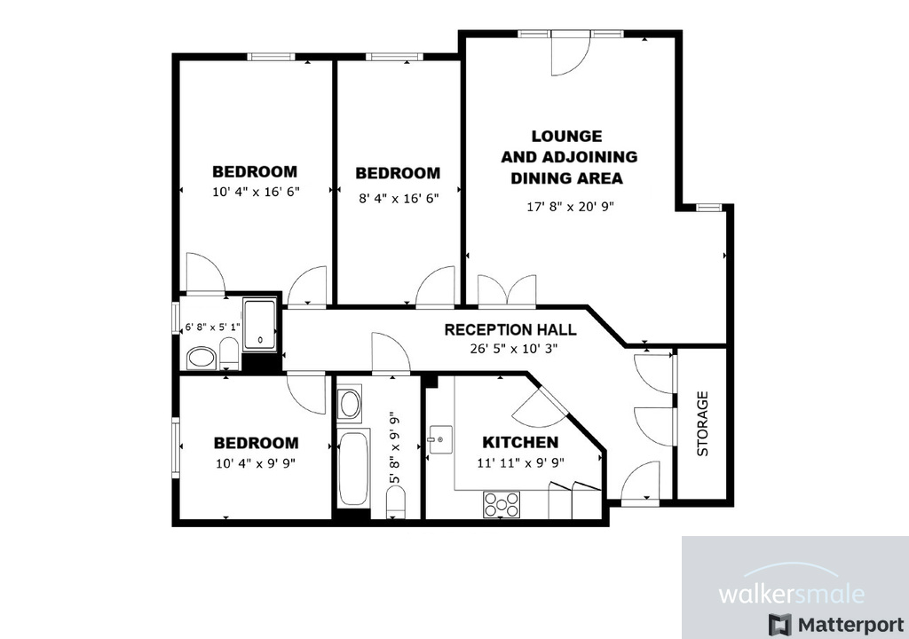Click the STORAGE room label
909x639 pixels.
coord(703,423)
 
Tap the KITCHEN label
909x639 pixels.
coord(520,442)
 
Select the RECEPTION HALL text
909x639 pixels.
coord(510,329)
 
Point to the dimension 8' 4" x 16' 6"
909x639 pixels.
coord(398,198)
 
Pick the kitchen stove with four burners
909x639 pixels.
coord(502,504)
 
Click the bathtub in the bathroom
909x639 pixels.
coord(353,467)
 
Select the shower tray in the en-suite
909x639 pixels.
coord(260,324)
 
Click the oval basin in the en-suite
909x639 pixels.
coord(202,359)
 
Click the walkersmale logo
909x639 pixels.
coord(790,593)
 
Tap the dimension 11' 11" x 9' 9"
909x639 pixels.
coord(520,461)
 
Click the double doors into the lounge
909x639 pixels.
coord(507,291)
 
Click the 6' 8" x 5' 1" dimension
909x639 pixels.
coord(211,327)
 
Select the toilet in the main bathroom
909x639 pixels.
coord(396,506)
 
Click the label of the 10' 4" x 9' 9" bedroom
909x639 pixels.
coord(256,443)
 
